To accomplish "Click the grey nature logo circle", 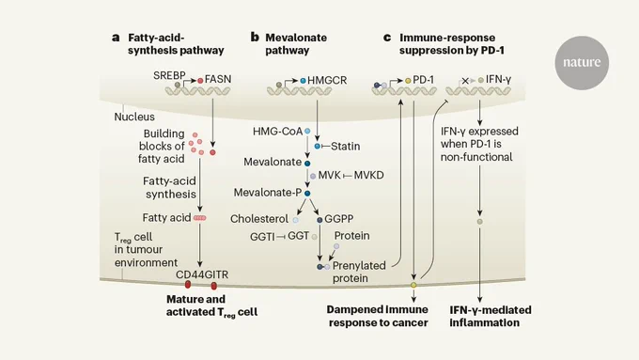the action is (x=582, y=62).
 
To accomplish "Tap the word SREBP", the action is (x=169, y=75).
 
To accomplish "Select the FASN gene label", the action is (x=218, y=79).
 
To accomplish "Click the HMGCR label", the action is (x=327, y=80).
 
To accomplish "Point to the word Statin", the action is (x=345, y=146).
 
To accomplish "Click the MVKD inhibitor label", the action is (x=368, y=176).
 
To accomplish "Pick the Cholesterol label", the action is (x=259, y=219).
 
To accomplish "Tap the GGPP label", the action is (x=338, y=219).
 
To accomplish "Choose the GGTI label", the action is (x=262, y=236).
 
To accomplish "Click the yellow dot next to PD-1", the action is (x=408, y=81).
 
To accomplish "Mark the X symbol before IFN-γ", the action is (x=465, y=81).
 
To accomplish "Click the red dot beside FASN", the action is (x=200, y=81).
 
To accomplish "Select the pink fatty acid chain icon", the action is (x=199, y=218).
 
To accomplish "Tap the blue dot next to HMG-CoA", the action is (x=307, y=132).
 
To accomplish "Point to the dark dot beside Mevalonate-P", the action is (x=307, y=194).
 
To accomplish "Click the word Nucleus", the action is (x=134, y=117).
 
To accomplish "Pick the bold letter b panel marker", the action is (x=255, y=38).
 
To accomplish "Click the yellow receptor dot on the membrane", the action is (x=413, y=285).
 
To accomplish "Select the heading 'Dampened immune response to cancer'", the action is (x=378, y=316).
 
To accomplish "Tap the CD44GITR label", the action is (x=202, y=274).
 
